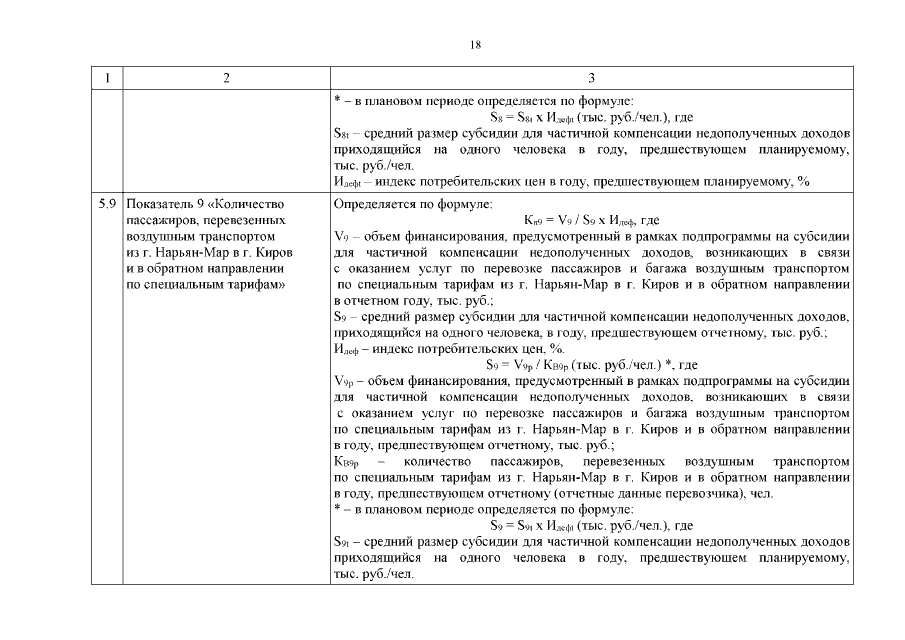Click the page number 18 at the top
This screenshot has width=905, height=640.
pos(475,45)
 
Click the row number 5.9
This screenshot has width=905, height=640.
pos(107,204)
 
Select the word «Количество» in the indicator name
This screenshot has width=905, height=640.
pos(251,204)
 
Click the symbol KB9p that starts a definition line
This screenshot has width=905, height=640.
pos(345,462)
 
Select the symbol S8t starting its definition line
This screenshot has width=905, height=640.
pos(342,133)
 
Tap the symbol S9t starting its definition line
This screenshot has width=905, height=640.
pos(342,542)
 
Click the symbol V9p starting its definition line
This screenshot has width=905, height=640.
pos(343,381)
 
